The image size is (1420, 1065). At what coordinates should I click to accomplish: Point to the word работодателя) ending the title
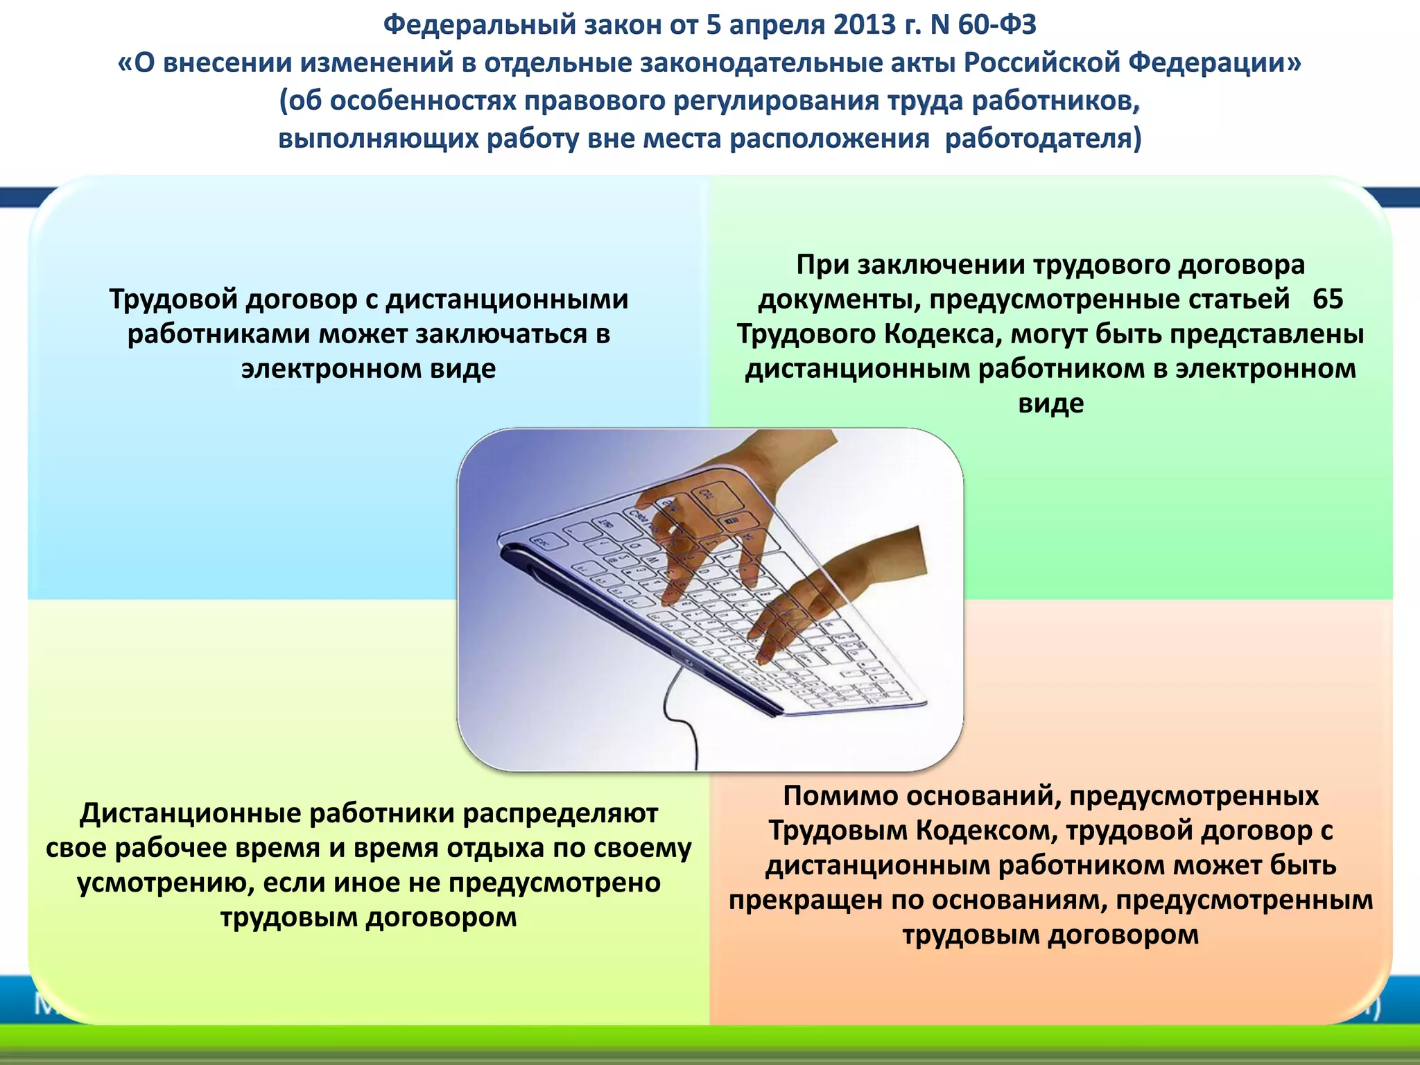click(x=1043, y=139)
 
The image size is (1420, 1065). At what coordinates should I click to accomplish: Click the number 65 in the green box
click(x=1328, y=300)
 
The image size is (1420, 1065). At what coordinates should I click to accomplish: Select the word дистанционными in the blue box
click(x=506, y=300)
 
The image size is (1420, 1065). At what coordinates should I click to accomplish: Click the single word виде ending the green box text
click(x=1050, y=404)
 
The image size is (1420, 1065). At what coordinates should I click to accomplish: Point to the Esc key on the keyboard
click(x=539, y=542)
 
